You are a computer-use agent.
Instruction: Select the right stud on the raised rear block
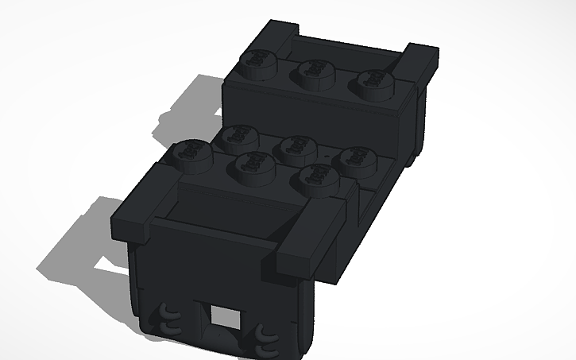click(x=373, y=79)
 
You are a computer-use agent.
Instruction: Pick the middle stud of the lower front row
click(x=254, y=163)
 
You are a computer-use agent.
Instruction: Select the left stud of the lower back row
click(x=235, y=137)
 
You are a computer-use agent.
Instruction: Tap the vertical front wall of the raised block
click(x=318, y=115)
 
